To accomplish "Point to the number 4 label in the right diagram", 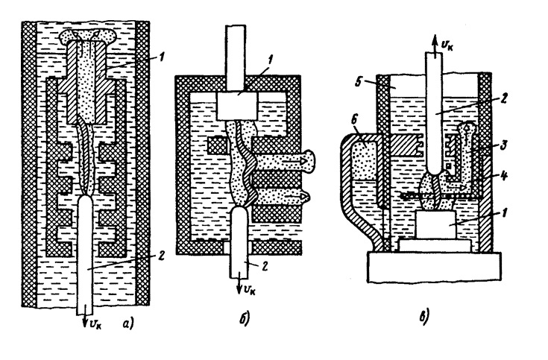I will click(x=506, y=178).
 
